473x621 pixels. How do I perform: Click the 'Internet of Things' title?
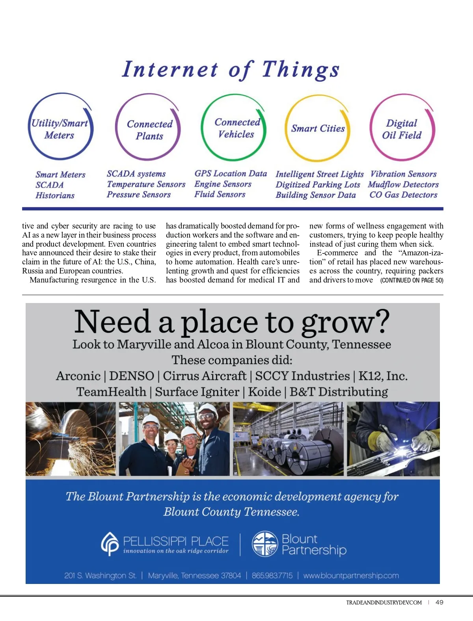point(231,69)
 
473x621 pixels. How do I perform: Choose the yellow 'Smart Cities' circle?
point(318,128)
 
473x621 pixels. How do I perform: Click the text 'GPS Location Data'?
point(231,173)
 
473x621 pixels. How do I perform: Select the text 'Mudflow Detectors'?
point(403,184)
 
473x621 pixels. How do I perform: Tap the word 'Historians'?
point(55,195)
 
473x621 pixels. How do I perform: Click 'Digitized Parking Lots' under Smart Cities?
point(318,184)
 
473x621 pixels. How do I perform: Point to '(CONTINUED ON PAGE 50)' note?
point(412,281)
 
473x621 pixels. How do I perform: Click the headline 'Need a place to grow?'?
point(232,322)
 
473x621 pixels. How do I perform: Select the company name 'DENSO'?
point(131,376)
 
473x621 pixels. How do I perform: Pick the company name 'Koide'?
point(264,392)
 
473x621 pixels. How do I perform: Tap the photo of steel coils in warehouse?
point(288,439)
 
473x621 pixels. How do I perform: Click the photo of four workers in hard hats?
point(174,439)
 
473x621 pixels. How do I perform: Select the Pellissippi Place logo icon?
point(110,544)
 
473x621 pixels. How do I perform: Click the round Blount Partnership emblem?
point(265,544)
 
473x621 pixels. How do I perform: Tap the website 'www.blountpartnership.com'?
point(351,576)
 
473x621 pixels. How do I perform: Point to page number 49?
point(439,602)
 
